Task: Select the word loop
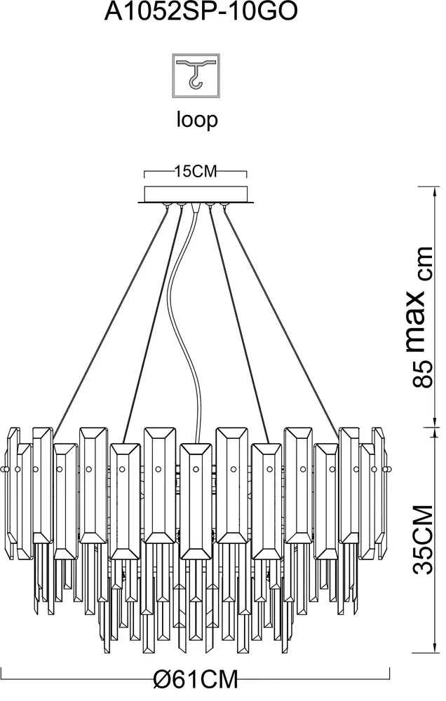196,120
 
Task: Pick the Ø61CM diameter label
196,679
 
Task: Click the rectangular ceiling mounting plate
196,194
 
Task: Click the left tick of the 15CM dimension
144,173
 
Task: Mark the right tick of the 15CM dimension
248,173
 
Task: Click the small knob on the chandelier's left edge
6,468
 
